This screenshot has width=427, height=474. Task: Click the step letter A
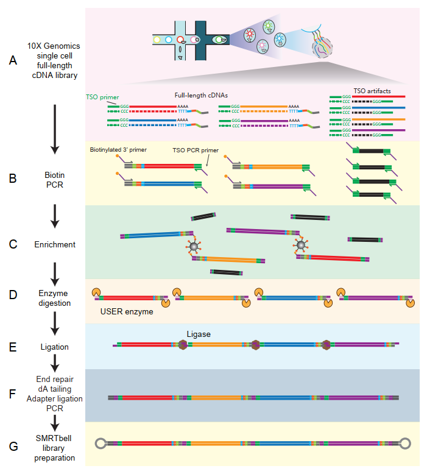click(13, 60)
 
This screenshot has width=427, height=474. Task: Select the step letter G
click(13, 447)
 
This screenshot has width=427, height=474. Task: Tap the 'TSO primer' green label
click(102, 97)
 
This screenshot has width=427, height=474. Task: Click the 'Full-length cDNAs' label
click(201, 95)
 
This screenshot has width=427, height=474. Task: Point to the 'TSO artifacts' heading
click(372, 91)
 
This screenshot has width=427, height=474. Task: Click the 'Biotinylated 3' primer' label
click(118, 150)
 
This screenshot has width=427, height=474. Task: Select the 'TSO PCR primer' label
click(196, 150)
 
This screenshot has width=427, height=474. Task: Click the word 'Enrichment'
click(55, 244)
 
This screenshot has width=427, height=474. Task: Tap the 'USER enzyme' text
click(127, 312)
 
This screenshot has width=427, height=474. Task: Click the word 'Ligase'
click(199, 334)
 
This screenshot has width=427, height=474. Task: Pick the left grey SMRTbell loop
click(101, 444)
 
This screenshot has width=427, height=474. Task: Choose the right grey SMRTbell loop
click(405, 444)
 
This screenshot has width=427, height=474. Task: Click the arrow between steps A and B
click(55, 129)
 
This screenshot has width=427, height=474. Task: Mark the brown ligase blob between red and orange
click(183, 345)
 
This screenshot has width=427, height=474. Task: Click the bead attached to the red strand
click(301, 244)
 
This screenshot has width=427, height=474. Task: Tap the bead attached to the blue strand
click(194, 246)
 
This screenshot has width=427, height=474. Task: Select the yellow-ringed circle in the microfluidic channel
click(157, 40)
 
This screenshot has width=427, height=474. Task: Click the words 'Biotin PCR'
click(55, 180)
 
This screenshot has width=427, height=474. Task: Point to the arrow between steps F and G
click(55, 423)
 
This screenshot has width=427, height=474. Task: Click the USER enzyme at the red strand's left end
click(96, 292)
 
